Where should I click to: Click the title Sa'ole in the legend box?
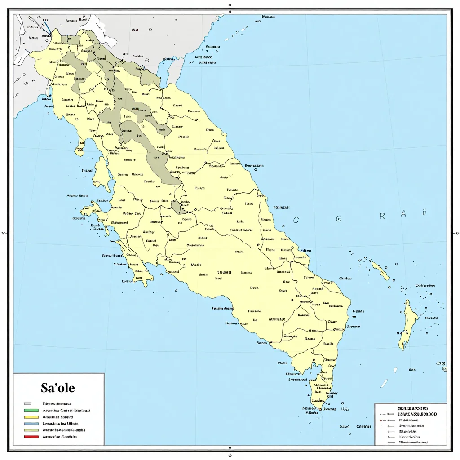(x=58, y=388)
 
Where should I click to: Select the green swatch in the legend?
(x=31, y=410)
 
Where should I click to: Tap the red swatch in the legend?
(x=31, y=436)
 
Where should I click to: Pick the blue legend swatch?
(x=31, y=423)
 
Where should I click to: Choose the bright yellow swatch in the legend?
(x=31, y=417)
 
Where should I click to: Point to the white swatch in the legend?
(x=28, y=403)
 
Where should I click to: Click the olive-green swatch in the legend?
(x=31, y=430)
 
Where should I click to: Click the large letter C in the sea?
(x=296, y=220)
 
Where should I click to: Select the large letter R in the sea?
(x=382, y=216)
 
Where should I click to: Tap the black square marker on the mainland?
(x=292, y=299)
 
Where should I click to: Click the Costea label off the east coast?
(x=345, y=278)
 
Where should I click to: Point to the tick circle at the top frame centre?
(x=230, y=5)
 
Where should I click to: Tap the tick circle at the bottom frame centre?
(x=230, y=448)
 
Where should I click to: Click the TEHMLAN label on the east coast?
(x=281, y=208)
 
